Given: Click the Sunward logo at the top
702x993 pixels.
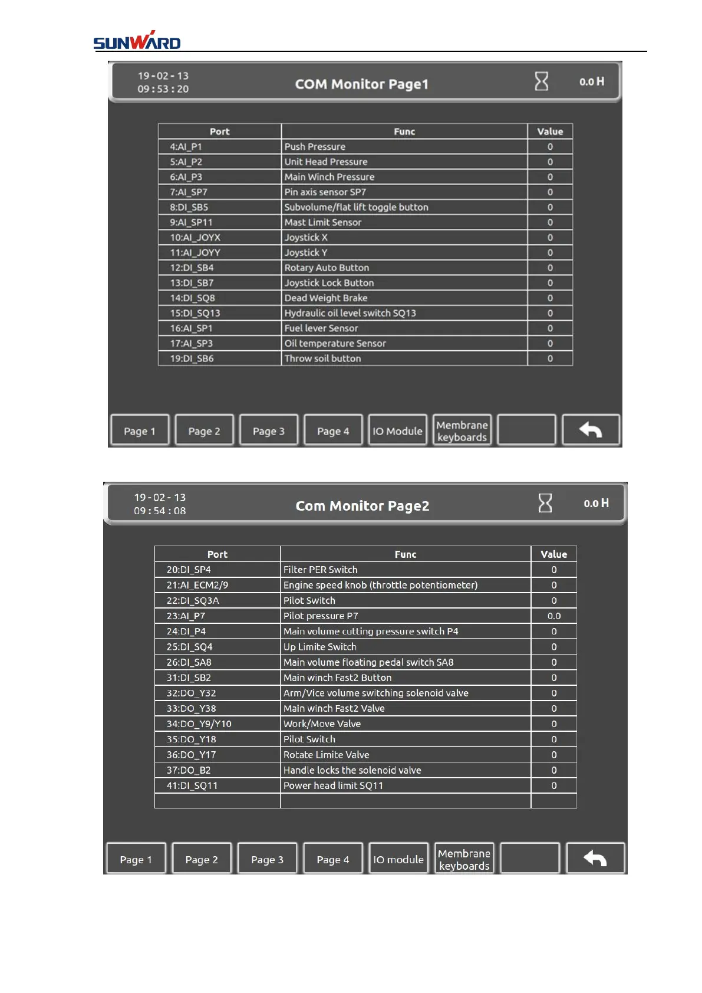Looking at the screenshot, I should (137, 41).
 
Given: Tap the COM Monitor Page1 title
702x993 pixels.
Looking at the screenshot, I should (361, 84).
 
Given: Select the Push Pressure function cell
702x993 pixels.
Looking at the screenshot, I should (315, 147).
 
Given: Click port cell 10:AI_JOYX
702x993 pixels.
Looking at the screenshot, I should (195, 238).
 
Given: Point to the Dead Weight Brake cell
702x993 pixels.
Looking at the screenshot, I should (325, 298).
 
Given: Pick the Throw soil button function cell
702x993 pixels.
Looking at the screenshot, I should (322, 359).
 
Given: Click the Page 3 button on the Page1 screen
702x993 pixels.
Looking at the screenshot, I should (268, 431).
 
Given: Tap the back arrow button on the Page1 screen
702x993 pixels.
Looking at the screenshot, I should (590, 430).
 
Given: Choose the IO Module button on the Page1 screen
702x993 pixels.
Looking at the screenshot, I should (397, 431).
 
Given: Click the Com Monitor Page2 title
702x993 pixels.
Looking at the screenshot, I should (362, 506).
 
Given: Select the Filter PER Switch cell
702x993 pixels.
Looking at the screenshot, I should (320, 570).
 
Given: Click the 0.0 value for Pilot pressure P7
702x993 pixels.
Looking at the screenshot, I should (553, 616).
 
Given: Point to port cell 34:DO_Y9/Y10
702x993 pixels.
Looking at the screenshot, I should (199, 724).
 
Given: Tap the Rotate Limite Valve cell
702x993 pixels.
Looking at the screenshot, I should (326, 755).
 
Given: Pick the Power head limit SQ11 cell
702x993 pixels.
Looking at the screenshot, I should (333, 785).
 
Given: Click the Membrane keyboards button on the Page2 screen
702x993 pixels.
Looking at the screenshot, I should (464, 859).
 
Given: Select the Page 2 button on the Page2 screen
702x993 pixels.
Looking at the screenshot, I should (202, 859).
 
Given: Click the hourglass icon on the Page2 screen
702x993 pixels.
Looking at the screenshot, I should (545, 503).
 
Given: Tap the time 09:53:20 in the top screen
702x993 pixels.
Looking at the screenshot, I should (163, 89).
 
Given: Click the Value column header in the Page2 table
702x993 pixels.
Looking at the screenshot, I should (553, 554).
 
